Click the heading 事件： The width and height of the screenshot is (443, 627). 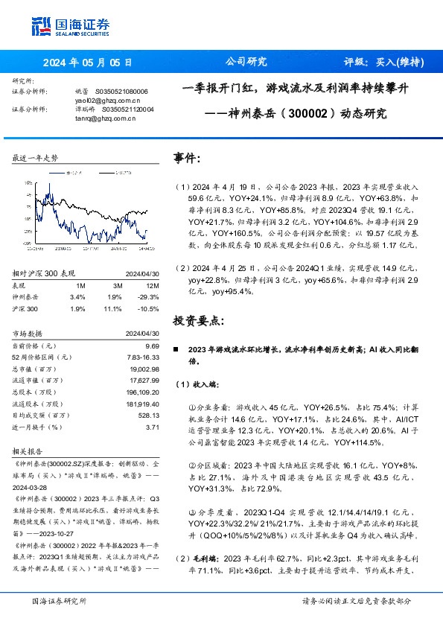[187, 159]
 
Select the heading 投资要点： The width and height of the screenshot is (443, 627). [197, 320]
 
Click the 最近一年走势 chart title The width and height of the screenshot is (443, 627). [36, 159]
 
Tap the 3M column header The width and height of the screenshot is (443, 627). [114, 285]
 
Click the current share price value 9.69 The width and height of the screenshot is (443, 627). [153, 346]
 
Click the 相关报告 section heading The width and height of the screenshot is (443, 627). [28, 451]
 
